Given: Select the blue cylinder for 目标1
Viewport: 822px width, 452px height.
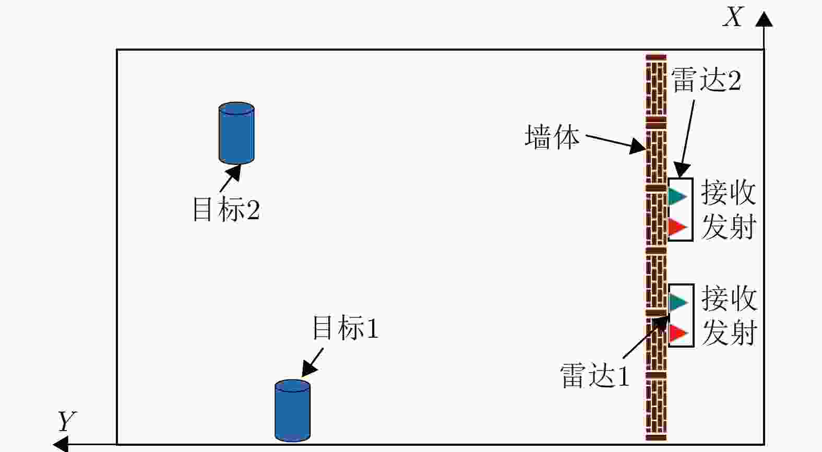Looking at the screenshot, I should tap(292, 411).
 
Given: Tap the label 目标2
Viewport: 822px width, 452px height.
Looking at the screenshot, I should tap(226, 209).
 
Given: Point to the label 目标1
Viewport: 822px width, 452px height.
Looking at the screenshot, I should tap(345, 328).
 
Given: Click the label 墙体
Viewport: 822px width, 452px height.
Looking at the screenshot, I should tap(552, 137).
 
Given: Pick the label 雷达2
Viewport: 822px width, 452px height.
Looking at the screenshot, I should tap(706, 80).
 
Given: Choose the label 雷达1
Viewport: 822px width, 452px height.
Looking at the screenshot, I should tap(594, 375).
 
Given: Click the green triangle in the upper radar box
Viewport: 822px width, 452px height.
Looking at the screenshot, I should tap(677, 196).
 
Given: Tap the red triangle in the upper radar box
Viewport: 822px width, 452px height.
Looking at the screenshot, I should tap(677, 227).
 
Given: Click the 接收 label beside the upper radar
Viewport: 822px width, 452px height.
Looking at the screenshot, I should tap(728, 193).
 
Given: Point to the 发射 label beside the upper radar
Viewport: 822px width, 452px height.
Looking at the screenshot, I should tap(728, 227).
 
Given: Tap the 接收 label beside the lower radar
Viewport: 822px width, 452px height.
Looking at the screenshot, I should tap(729, 298).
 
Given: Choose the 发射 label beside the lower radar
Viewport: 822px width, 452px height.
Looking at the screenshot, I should tap(729, 332).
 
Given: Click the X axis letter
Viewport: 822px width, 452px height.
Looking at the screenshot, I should tap(733, 17).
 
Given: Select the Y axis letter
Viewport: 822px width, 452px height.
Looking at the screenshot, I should tap(67, 421).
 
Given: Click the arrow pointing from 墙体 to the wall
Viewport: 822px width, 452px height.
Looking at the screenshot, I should tap(616, 142).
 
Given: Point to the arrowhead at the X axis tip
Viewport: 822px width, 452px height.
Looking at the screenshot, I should tap(764, 19).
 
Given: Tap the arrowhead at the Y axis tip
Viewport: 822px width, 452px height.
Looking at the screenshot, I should tap(61, 444).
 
